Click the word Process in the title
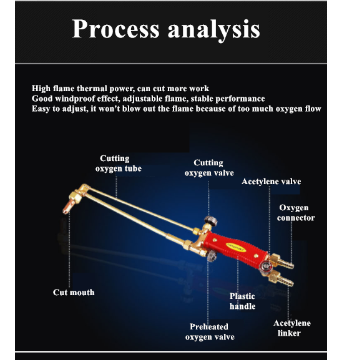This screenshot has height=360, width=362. [x=115, y=29]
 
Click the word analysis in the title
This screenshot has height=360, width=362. [x=214, y=30]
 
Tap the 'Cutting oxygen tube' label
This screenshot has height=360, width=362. [x=119, y=163]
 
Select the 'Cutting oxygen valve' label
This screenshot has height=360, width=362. [x=209, y=168]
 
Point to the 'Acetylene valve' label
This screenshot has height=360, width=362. [x=271, y=182]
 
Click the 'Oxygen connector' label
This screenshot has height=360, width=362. [x=296, y=213]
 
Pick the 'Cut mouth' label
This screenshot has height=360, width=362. [x=74, y=293]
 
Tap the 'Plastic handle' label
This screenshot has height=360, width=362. [x=242, y=301]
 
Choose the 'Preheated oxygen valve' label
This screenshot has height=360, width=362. [x=210, y=332]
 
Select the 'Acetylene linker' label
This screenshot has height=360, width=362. [x=292, y=328]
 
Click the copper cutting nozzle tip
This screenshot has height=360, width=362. [x=68, y=207]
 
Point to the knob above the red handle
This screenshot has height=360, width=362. [x=210, y=221]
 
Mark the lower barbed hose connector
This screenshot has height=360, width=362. [x=281, y=279]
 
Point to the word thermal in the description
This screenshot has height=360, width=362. [x=92, y=89]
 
